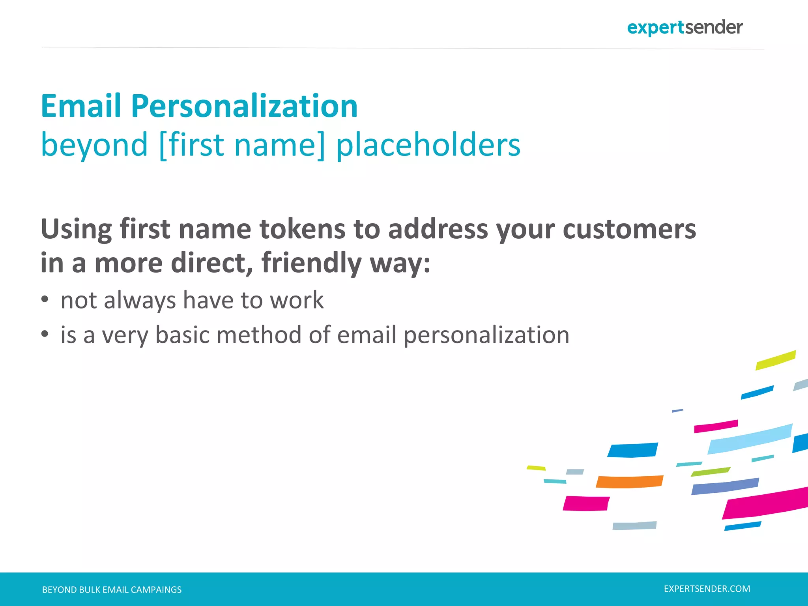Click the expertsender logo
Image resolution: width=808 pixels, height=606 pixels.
point(685,28)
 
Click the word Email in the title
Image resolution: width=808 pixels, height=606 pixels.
point(81,106)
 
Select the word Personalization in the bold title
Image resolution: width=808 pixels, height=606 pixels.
point(244,106)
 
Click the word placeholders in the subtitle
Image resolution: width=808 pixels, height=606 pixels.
point(428,145)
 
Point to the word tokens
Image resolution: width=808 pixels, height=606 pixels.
point(302,229)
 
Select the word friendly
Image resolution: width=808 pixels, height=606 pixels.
point(311,263)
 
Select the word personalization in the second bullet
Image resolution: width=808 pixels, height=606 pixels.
point(486,335)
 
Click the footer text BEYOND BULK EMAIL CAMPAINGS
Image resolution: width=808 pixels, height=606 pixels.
point(112,590)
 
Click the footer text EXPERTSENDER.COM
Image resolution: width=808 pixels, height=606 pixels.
point(707,589)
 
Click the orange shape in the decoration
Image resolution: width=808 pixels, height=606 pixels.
point(629,482)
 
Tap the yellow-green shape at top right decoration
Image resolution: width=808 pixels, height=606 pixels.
point(775,360)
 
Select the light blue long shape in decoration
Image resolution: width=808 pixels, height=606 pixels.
point(750,439)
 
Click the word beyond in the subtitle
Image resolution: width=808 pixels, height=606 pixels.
point(94,145)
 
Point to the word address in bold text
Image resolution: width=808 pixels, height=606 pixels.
point(438,229)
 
